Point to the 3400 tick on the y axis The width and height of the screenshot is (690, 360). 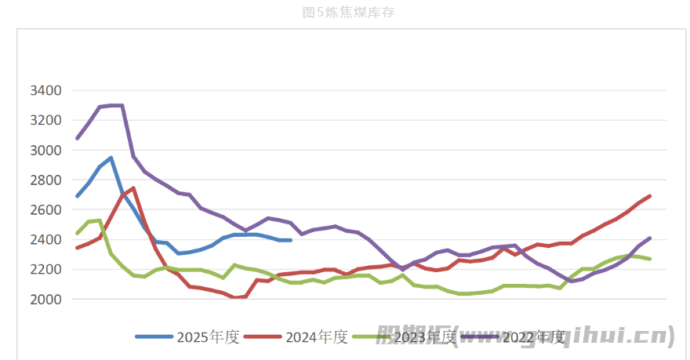click(45, 91)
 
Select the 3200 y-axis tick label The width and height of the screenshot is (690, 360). click(45, 121)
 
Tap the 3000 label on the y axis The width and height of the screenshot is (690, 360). click(45, 151)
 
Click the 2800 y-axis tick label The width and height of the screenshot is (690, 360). click(45, 180)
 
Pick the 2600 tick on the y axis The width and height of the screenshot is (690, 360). click(45, 210)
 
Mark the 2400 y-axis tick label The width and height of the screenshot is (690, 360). click(45, 240)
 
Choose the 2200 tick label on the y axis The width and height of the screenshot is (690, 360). click(45, 270)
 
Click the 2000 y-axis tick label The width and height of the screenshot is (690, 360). click(45, 300)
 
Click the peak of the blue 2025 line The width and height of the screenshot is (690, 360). click(111, 158)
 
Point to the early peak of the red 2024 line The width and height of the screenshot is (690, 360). click(133, 188)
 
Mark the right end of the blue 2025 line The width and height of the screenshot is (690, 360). click(290, 240)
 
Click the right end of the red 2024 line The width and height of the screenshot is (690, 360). click(650, 196)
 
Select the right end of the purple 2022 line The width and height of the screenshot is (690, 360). click(650, 238)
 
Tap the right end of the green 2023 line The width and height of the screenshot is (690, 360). click(650, 259)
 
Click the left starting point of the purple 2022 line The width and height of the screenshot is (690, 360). click(77, 138)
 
